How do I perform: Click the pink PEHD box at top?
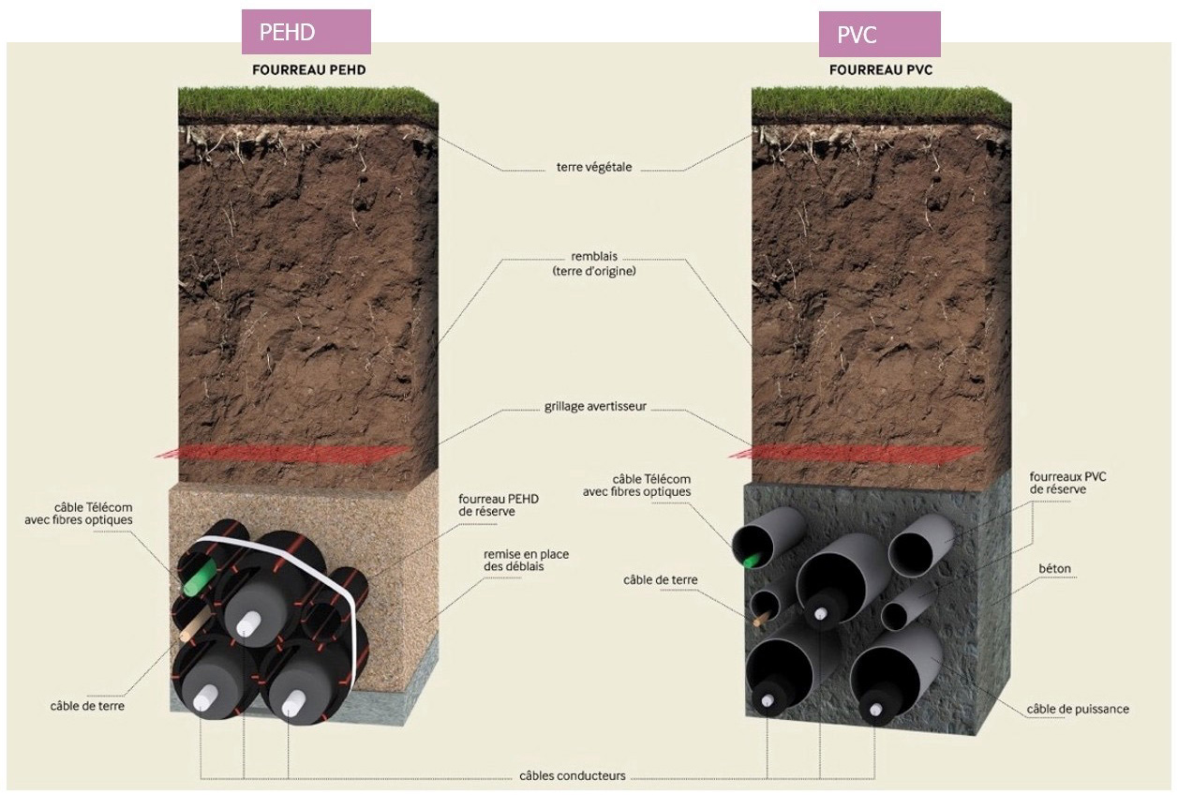pyautogui.click(x=306, y=32)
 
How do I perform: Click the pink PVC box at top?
pyautogui.click(x=879, y=35)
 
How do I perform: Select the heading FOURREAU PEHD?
pyautogui.click(x=308, y=70)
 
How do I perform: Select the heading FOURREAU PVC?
pyautogui.click(x=881, y=70)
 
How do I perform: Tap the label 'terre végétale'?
pyautogui.click(x=594, y=168)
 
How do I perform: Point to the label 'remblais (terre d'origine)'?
pyautogui.click(x=594, y=263)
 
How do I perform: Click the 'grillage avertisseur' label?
pyautogui.click(x=595, y=408)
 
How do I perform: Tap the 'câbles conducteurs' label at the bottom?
pyautogui.click(x=573, y=776)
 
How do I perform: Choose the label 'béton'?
pyautogui.click(x=1054, y=569)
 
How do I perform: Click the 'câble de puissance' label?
pyautogui.click(x=1078, y=709)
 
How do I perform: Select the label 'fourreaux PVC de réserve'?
pyautogui.click(x=1067, y=483)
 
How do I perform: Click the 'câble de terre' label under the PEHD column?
pyautogui.click(x=87, y=705)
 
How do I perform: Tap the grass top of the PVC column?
pyautogui.click(x=881, y=103)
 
